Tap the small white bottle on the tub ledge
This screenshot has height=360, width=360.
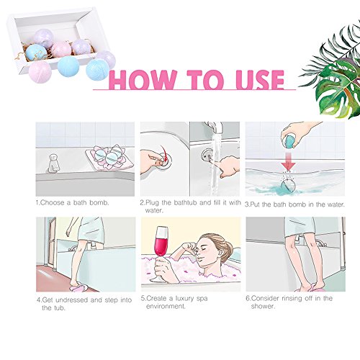click(53, 163)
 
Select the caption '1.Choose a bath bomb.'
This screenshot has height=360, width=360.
click(73, 202)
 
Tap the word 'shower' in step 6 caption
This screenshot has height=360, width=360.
click(262, 307)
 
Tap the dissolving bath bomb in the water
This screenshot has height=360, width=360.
click(288, 186)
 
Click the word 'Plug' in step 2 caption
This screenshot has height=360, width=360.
click(153, 202)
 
